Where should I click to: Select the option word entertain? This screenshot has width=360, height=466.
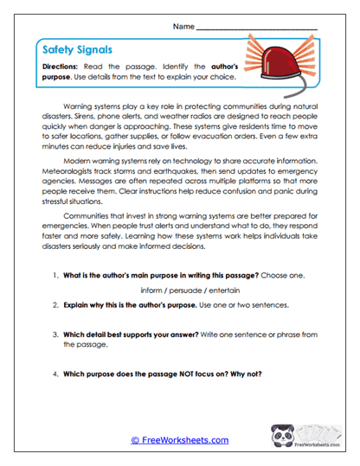(219, 290)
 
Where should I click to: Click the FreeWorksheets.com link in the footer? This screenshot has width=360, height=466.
(180, 439)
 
